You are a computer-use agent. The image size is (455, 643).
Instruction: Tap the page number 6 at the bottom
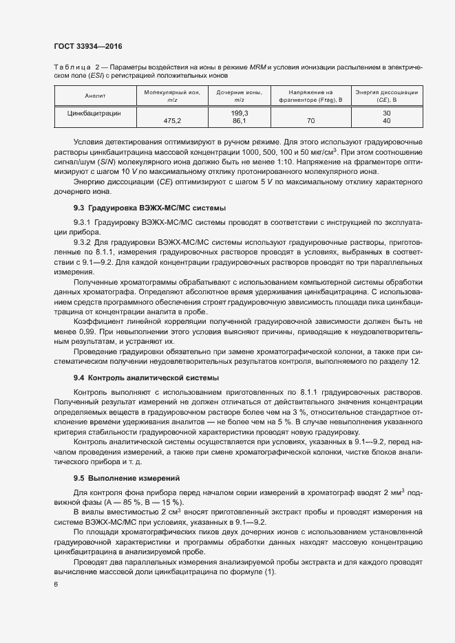click(55, 584)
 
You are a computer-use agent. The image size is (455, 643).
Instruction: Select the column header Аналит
click(94, 96)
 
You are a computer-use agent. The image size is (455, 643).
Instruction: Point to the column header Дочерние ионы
click(240, 96)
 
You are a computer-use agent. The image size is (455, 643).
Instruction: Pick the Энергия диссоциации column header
click(386, 96)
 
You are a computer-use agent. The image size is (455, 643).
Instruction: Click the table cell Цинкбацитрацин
click(94, 112)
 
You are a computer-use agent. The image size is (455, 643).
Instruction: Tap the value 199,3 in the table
click(240, 112)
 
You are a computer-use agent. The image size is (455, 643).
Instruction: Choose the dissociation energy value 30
click(386, 112)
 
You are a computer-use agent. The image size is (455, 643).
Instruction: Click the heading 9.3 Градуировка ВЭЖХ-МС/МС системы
click(150, 207)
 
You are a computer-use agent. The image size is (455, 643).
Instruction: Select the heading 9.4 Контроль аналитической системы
click(147, 378)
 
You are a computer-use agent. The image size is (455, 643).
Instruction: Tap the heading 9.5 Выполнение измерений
click(126, 477)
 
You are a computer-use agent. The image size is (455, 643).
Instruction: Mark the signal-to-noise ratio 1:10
click(269, 161)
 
